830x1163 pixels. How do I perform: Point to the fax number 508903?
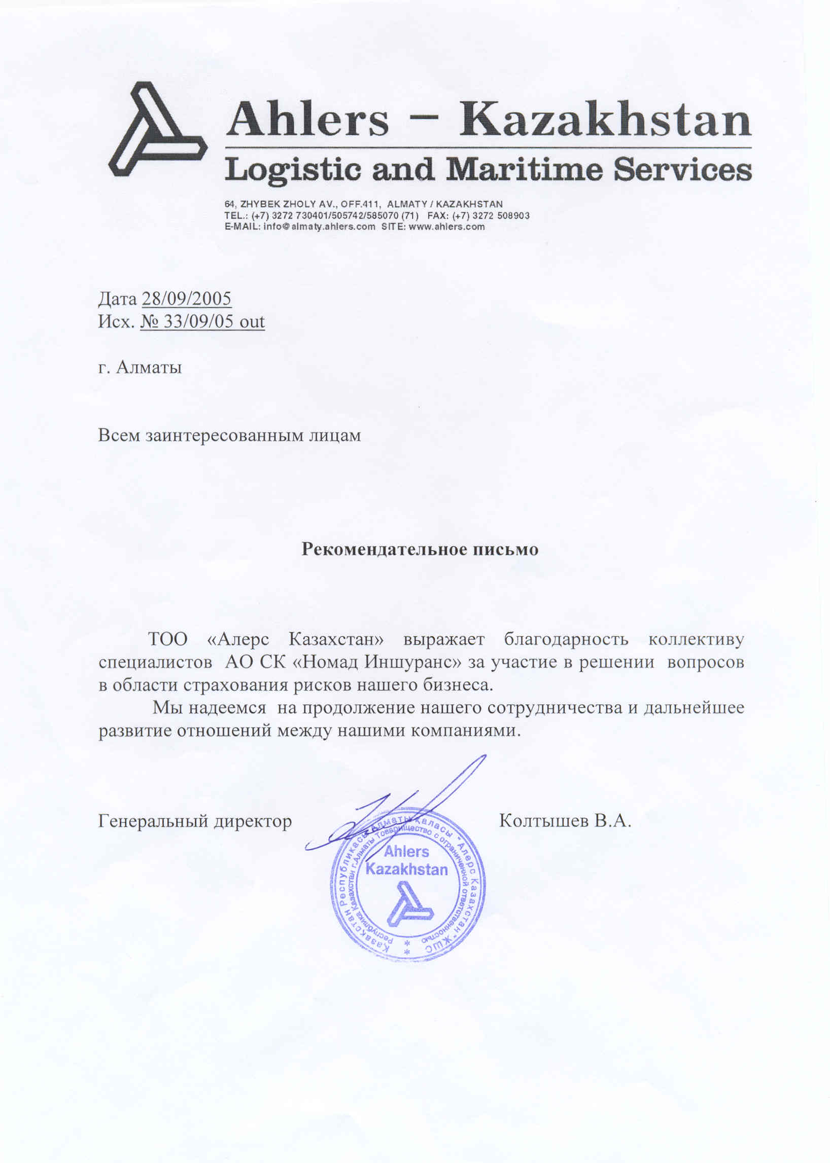(x=512, y=215)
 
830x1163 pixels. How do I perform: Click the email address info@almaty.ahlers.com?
(x=320, y=227)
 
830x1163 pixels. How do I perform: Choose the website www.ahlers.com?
(x=446, y=227)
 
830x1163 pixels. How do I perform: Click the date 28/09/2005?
(x=187, y=299)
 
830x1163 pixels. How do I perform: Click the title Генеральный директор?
(x=195, y=821)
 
